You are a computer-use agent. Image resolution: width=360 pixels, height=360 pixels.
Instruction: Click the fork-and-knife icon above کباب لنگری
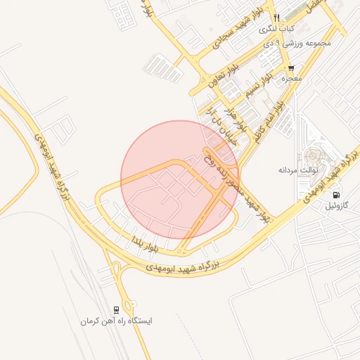tap(277, 18)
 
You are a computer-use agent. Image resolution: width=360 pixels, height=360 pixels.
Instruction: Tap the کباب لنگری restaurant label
tap(276, 30)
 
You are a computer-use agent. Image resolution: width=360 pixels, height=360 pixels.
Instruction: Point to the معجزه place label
tap(291, 79)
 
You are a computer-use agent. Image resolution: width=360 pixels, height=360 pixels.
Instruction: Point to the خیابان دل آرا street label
tap(219, 125)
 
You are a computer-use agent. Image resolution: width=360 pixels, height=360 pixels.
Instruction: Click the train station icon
tap(116, 309)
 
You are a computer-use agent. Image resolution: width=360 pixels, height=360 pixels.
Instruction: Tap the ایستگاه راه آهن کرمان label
tap(116, 321)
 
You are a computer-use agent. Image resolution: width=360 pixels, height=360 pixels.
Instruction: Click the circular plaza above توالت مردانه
tap(311, 156)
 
